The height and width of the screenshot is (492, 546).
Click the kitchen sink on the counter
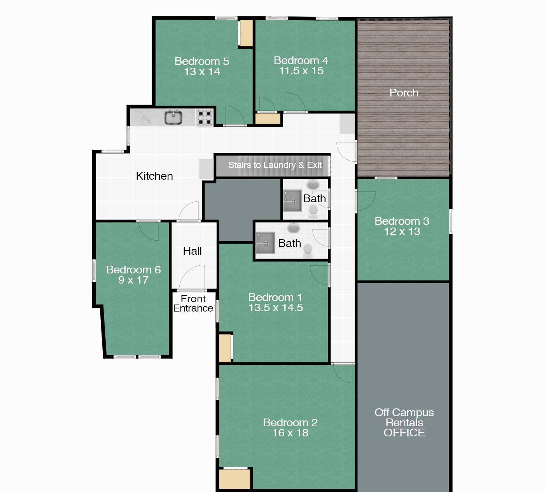click(173, 117)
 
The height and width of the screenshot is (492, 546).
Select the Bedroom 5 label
click(201, 61)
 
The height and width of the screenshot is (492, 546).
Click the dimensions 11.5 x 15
click(301, 71)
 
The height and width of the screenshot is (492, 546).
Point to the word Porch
click(404, 93)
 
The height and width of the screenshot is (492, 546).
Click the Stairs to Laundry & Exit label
click(275, 165)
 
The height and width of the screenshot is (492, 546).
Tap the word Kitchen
click(154, 176)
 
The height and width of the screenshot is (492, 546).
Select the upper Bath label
click(314, 198)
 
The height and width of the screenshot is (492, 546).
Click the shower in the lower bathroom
click(265, 243)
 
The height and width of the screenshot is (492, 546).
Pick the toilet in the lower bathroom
click(308, 250)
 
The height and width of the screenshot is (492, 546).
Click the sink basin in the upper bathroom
click(313, 184)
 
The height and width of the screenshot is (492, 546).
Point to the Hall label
click(192, 251)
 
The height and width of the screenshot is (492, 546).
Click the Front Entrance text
click(193, 303)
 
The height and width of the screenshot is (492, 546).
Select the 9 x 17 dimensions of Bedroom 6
click(133, 280)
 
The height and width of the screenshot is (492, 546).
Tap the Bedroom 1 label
click(275, 297)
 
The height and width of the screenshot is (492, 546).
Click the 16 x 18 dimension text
click(290, 433)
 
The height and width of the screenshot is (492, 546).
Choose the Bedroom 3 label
click(402, 221)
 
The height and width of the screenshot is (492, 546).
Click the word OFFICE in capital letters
click(404, 433)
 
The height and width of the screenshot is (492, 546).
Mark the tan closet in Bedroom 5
click(246, 33)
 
